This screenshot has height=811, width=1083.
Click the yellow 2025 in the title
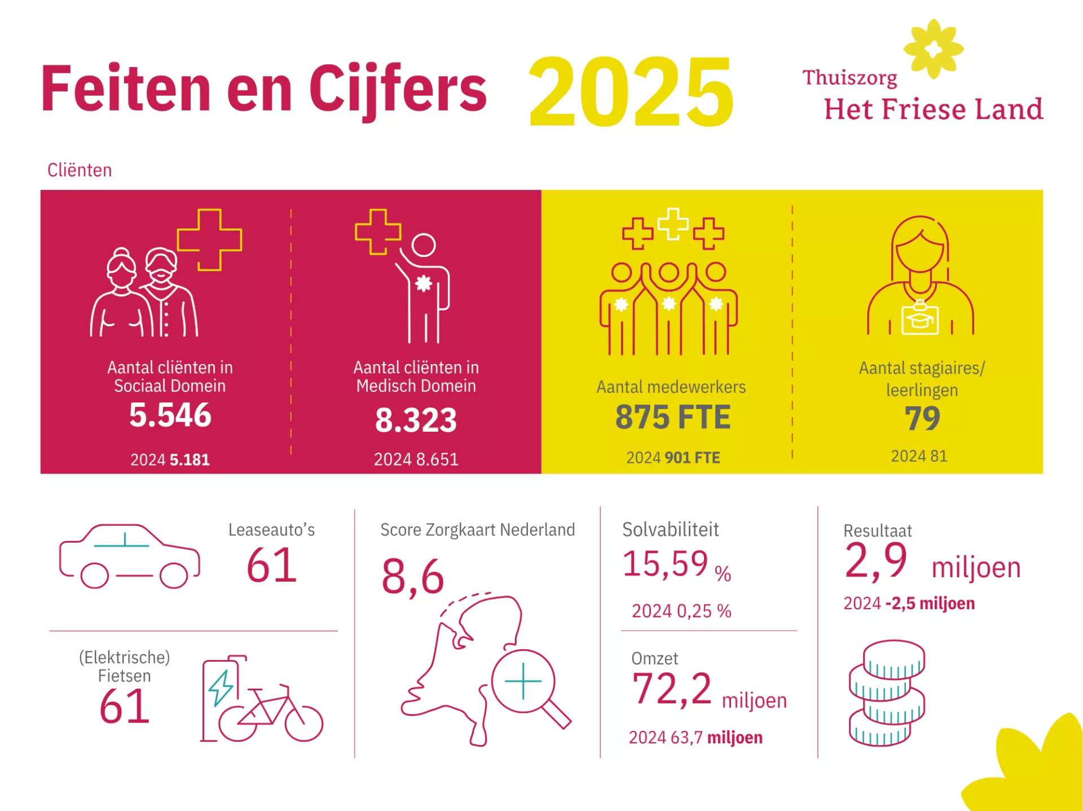[x=631, y=91]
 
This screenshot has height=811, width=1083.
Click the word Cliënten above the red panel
[x=80, y=170]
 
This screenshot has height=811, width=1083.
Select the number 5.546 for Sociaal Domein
[x=170, y=415]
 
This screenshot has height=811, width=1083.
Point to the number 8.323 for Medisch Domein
[x=416, y=420]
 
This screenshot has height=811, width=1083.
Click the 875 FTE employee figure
[x=672, y=417]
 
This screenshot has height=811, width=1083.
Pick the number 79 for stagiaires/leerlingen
[x=922, y=418]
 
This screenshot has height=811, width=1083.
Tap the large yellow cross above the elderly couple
[x=209, y=240]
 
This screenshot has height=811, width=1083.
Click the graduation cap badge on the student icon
[x=920, y=318]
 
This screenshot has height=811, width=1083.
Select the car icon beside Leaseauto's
[x=130, y=556]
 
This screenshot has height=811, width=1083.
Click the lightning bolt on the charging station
[x=221, y=688]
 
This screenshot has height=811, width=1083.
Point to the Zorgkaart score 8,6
[x=413, y=577]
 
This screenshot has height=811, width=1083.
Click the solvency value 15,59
[x=665, y=564]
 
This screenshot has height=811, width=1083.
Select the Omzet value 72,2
[x=671, y=689]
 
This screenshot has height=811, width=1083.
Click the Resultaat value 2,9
[x=876, y=561]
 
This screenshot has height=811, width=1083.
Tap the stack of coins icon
[x=887, y=693]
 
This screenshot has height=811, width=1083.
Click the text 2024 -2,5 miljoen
[x=909, y=604]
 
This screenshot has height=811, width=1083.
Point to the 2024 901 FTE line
[x=673, y=458]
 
